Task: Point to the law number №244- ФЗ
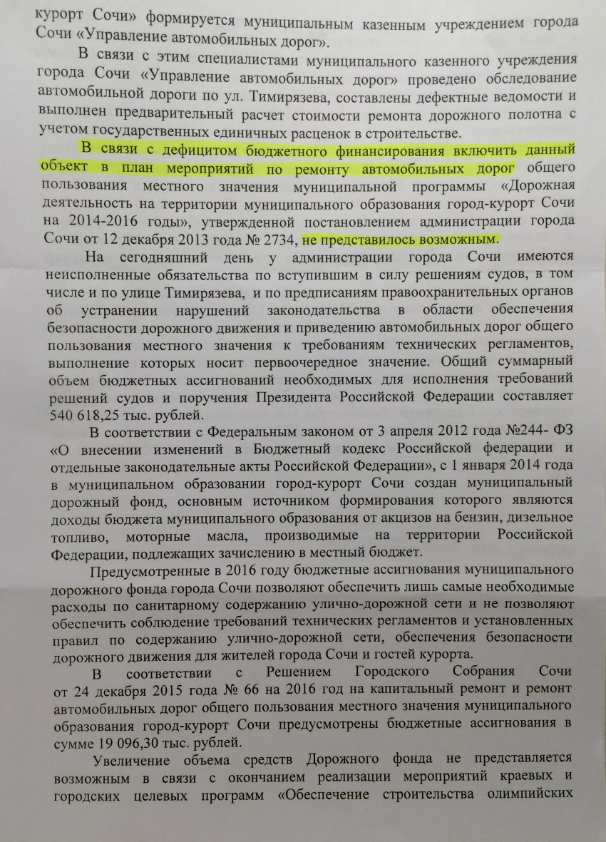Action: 524,433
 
